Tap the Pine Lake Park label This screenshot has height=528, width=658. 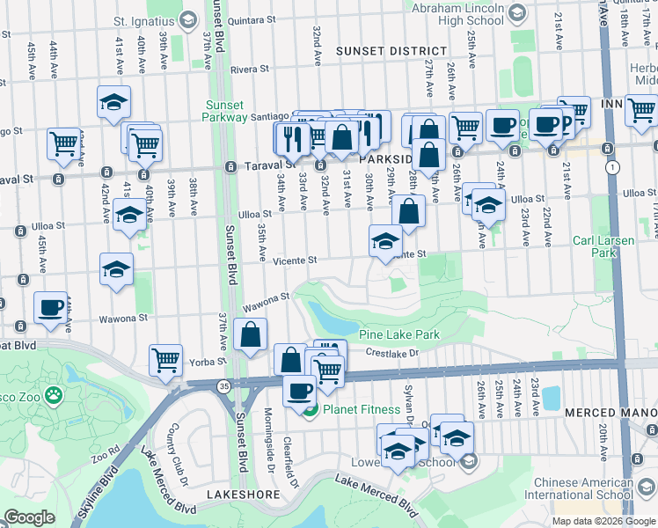pyautogui.click(x=399, y=335)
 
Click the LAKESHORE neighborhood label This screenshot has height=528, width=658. pyautogui.click(x=237, y=495)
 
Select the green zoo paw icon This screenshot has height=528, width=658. pyautogui.click(x=54, y=396)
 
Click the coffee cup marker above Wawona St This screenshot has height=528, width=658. pyautogui.click(x=51, y=309)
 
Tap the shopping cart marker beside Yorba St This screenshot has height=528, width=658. pyautogui.click(x=165, y=360)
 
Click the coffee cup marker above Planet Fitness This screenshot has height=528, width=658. pyautogui.click(x=299, y=390)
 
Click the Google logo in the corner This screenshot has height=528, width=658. pyautogui.click(x=29, y=517)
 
